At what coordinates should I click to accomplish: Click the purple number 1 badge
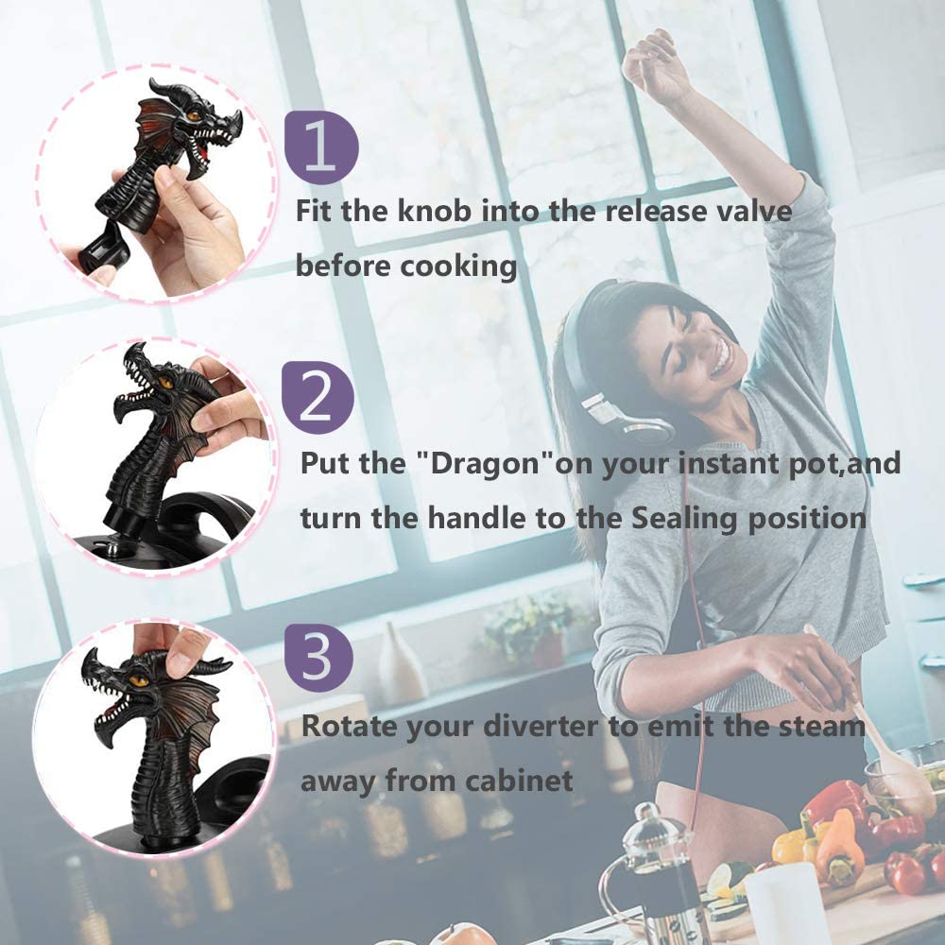[321, 147]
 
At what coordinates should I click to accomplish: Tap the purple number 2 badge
[318, 398]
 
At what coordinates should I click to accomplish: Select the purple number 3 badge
[318, 657]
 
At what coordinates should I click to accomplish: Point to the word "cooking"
[458, 266]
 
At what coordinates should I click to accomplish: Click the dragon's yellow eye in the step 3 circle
[139, 680]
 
